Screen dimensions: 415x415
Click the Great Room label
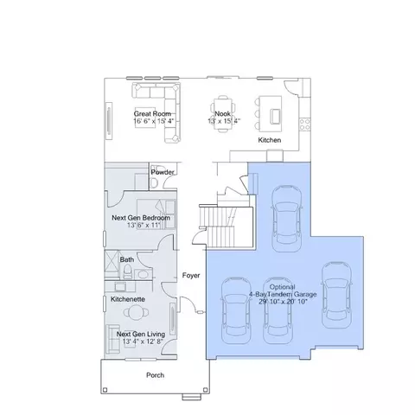(x=152, y=113)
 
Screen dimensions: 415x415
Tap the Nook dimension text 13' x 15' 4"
(x=224, y=121)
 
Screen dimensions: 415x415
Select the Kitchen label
(x=270, y=140)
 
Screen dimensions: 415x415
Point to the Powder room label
(x=163, y=172)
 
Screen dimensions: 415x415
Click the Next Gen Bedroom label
(x=141, y=218)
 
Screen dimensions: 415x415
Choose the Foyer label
(x=191, y=276)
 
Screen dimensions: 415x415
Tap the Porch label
(x=156, y=375)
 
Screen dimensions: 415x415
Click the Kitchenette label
(x=128, y=299)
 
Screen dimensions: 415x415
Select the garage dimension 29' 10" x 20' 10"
(x=284, y=302)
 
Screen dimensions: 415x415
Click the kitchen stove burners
(x=304, y=124)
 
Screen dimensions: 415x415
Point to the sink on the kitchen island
(x=275, y=116)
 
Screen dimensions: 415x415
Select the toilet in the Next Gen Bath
(x=127, y=271)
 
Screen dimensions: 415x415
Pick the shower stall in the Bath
(x=112, y=265)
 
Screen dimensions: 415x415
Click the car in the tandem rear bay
(x=287, y=219)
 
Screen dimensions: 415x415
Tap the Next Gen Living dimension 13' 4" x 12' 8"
(x=143, y=342)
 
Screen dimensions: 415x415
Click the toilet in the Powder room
(x=155, y=182)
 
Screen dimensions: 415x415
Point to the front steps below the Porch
(x=191, y=397)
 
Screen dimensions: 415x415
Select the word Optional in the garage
(x=282, y=287)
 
